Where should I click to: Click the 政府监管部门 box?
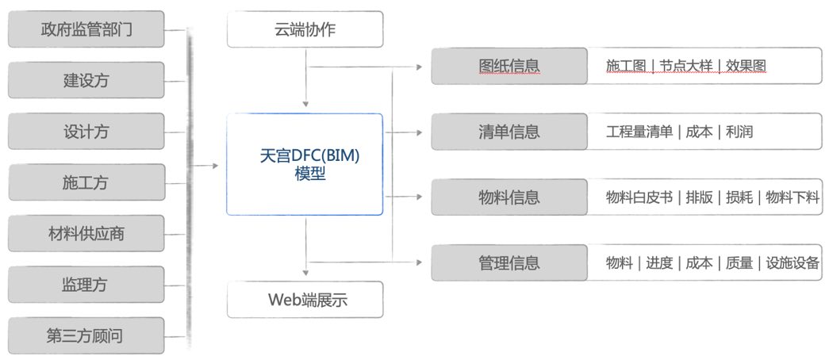[x=86, y=29]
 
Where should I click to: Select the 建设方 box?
[x=86, y=80]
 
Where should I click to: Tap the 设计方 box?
[x=86, y=131]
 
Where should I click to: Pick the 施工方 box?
[x=86, y=182]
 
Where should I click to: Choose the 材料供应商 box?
[x=86, y=233]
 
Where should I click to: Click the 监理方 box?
[x=86, y=284]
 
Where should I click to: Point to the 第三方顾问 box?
[x=86, y=335]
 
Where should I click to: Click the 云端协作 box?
[x=305, y=29]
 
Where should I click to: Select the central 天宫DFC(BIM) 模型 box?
[x=305, y=164]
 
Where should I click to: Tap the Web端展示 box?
[x=305, y=300]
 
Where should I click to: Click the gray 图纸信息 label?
[x=509, y=65]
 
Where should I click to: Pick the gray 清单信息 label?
[x=509, y=132]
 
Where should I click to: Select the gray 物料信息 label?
[x=509, y=197]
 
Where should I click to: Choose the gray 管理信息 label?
[x=509, y=262]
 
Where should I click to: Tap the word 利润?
[x=739, y=132]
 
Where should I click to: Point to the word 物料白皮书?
[x=639, y=197]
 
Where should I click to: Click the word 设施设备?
[x=793, y=262]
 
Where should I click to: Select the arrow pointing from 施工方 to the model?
[x=207, y=166]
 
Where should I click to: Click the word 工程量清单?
[x=639, y=132]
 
